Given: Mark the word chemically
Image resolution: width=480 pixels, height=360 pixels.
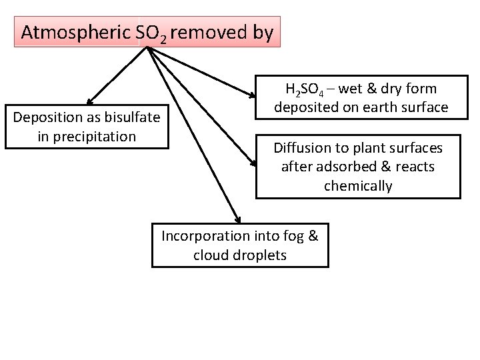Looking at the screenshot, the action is tap(358, 185).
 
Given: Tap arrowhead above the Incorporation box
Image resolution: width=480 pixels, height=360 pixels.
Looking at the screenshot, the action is tap(237, 217).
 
